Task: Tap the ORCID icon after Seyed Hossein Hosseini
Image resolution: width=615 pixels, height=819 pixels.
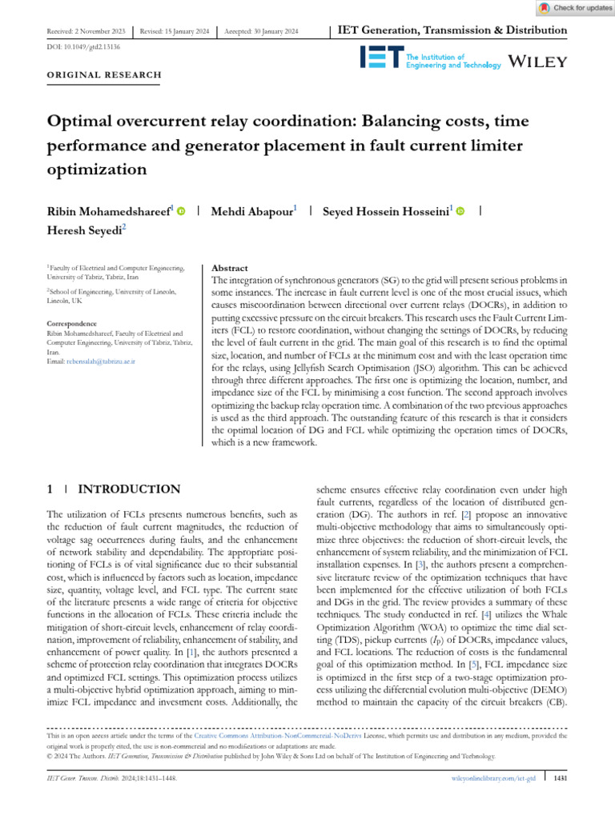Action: pyautogui.click(x=460, y=211)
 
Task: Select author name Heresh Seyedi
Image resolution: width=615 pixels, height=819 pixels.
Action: pyautogui.click(x=85, y=229)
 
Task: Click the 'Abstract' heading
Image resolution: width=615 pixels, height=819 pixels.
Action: pyautogui.click(x=229, y=268)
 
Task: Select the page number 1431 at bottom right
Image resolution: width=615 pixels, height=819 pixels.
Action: pyautogui.click(x=561, y=777)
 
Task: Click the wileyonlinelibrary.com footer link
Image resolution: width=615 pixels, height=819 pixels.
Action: pyautogui.click(x=488, y=777)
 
